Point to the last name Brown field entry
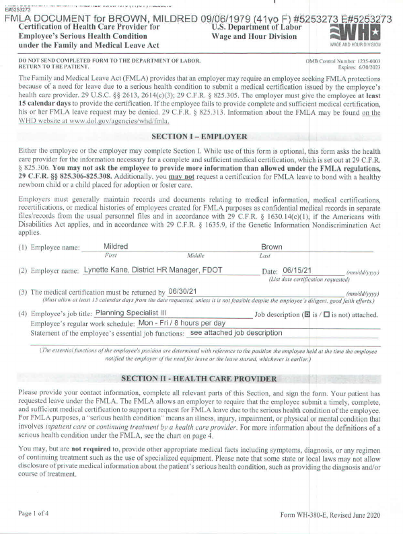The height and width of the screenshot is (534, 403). click(271, 247)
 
